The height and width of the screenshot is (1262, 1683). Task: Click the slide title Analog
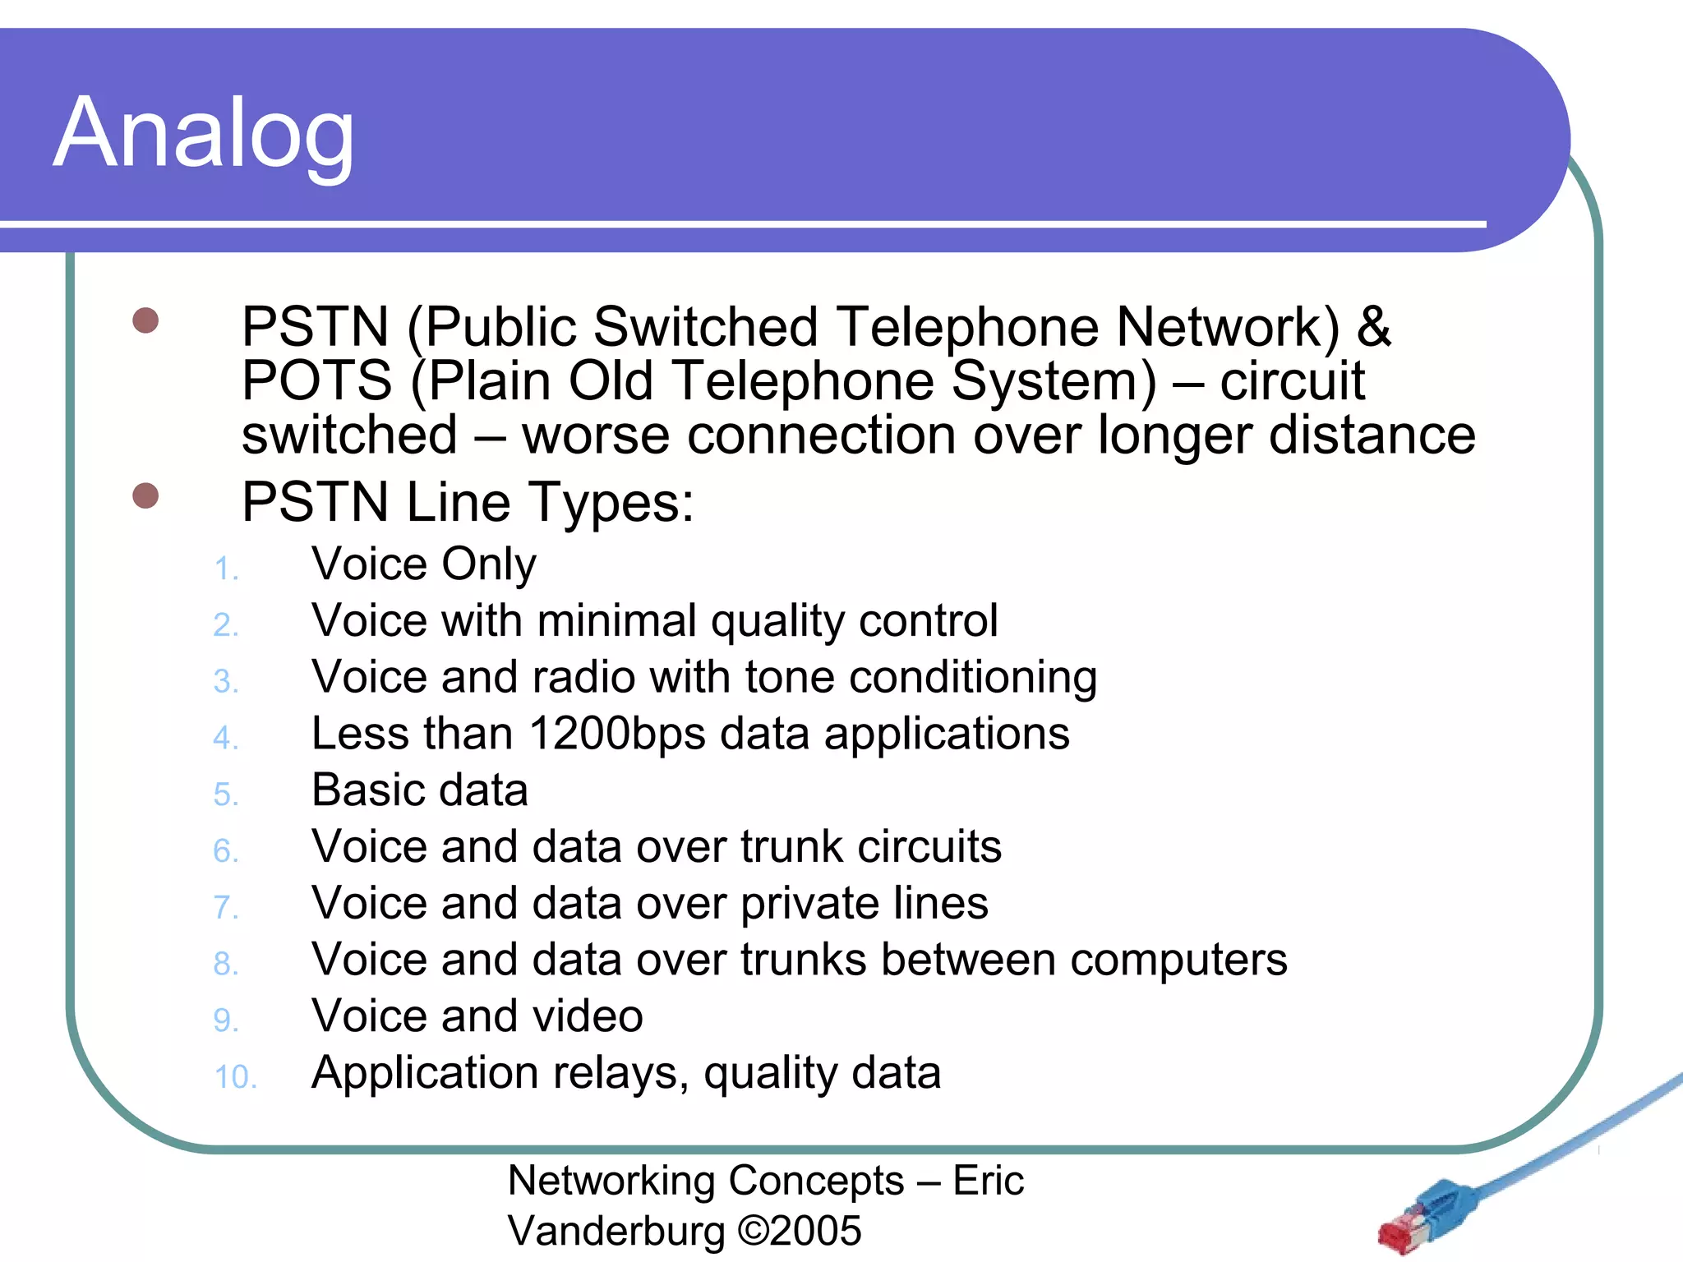click(x=204, y=133)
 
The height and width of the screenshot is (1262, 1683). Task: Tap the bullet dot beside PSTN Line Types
click(x=145, y=495)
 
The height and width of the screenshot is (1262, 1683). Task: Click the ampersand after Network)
click(x=1373, y=327)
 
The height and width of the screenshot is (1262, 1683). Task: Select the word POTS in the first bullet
click(x=316, y=381)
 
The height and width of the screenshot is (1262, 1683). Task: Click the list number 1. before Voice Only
click(x=225, y=569)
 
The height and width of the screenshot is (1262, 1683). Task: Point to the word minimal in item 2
click(x=616, y=620)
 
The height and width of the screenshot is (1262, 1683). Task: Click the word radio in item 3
click(x=583, y=677)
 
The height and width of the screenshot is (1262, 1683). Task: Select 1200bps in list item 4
click(x=616, y=733)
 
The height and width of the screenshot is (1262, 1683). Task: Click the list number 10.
click(x=235, y=1077)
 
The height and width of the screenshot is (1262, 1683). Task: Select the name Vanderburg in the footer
click(x=616, y=1231)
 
